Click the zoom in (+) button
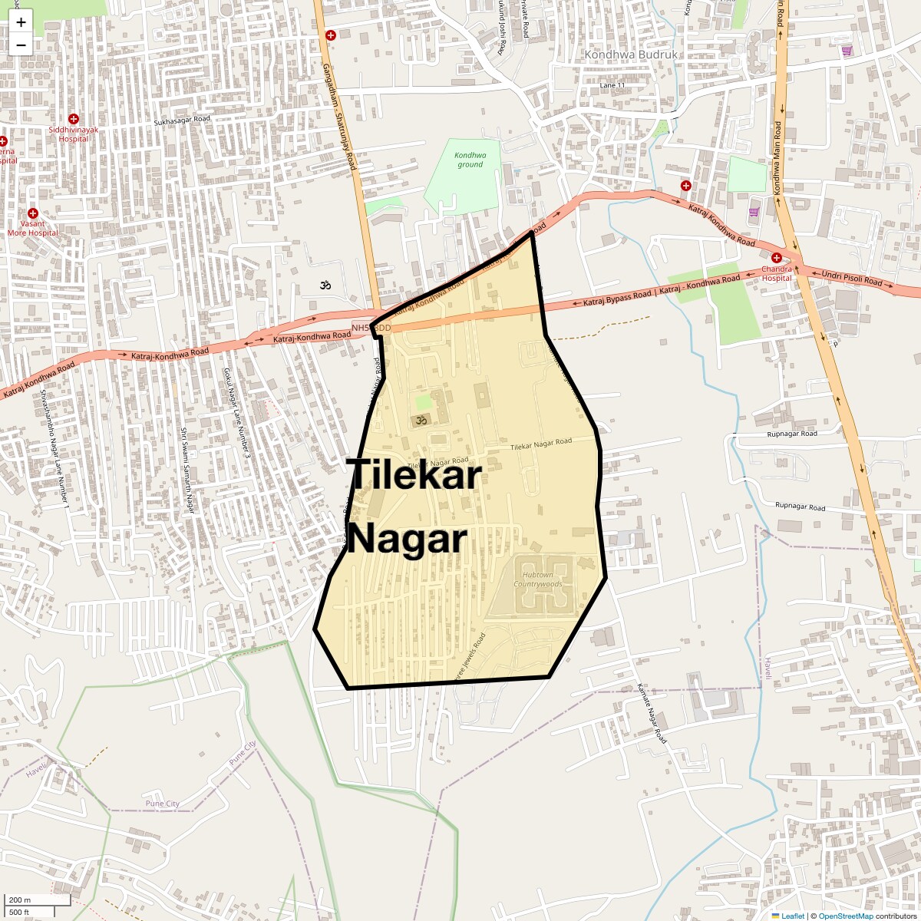[x=21, y=22]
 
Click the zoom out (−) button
[x=21, y=45]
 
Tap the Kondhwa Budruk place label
[x=631, y=54]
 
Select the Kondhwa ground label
[x=470, y=160]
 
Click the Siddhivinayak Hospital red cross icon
[x=74, y=119]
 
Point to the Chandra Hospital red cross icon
[x=777, y=258]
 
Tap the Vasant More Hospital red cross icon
[x=32, y=213]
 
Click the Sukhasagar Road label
[x=182, y=120]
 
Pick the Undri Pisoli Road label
[x=852, y=277]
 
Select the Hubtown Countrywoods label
[x=538, y=579]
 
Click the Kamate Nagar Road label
[x=652, y=713]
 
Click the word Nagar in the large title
[x=407, y=539]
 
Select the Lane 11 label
[x=612, y=85]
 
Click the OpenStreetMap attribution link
[x=846, y=916]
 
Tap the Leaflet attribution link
[x=793, y=916]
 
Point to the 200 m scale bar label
[x=20, y=900]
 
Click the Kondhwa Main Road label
[x=777, y=157]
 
